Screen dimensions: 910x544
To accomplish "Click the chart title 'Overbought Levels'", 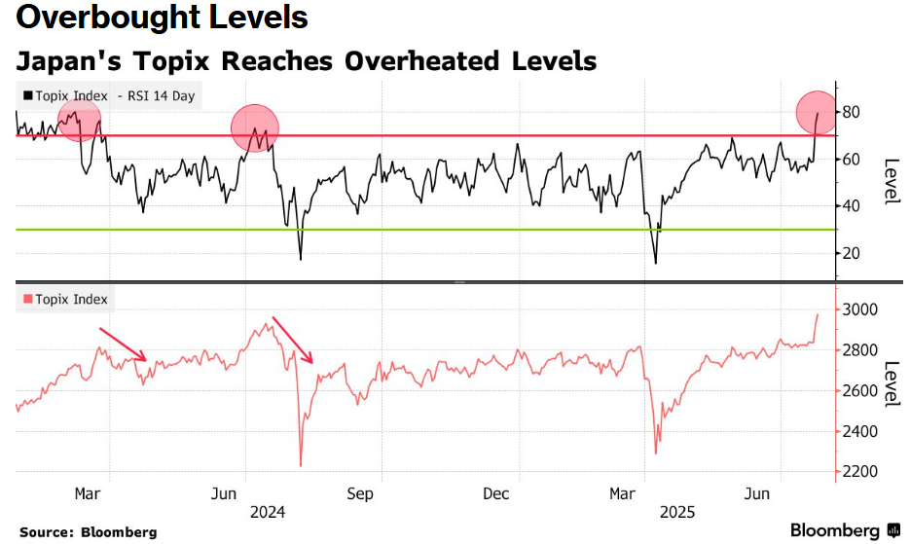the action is click(162, 17).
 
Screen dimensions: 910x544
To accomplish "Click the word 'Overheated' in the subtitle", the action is click(422, 61).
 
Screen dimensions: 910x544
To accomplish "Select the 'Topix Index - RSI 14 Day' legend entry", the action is click(109, 95).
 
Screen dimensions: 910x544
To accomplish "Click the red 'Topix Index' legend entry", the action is click(65, 299).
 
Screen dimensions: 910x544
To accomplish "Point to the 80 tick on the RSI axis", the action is click(851, 112).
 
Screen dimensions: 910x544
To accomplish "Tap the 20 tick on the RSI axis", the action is click(851, 253).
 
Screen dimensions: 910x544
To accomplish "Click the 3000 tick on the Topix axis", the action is click(859, 309).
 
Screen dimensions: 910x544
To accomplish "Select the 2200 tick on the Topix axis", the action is click(859, 471).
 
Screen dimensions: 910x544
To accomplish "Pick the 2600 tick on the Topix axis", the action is click(859, 391).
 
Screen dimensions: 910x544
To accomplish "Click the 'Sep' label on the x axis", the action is click(360, 494).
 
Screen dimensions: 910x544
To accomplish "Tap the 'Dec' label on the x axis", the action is click(496, 494).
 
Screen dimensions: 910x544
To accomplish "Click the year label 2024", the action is click(268, 512).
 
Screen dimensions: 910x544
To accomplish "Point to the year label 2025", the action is click(677, 512).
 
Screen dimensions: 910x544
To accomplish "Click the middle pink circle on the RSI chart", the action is click(255, 128).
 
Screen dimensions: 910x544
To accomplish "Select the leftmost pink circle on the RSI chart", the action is click(80, 120).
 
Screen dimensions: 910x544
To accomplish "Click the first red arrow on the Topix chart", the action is click(123, 345).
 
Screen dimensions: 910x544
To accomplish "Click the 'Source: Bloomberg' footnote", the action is click(89, 532).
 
